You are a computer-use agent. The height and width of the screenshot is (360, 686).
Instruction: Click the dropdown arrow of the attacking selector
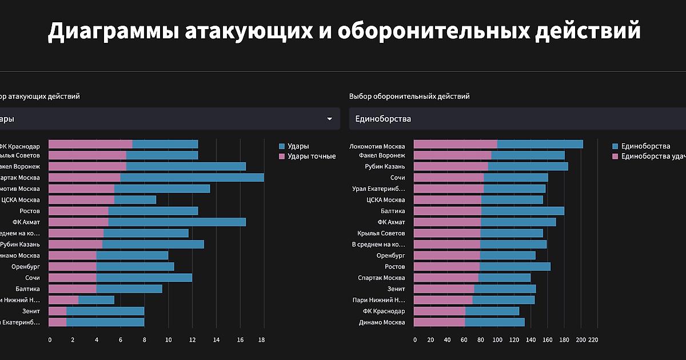(x=329, y=119)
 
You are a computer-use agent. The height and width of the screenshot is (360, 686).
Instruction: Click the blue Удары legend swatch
(x=282, y=146)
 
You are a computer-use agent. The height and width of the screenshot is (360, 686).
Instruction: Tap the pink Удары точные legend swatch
(x=282, y=156)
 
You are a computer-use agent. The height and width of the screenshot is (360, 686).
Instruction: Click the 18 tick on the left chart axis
(x=262, y=340)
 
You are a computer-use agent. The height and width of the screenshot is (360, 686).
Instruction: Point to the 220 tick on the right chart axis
(x=592, y=340)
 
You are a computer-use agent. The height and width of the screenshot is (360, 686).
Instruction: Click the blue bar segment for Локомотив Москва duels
(x=540, y=145)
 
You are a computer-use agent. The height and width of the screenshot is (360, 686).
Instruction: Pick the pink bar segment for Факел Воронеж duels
(x=452, y=155)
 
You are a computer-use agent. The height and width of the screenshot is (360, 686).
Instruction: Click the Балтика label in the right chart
(x=393, y=211)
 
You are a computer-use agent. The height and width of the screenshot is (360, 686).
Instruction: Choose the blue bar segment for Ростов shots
(x=153, y=211)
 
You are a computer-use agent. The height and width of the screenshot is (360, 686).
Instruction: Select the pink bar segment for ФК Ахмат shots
(x=78, y=222)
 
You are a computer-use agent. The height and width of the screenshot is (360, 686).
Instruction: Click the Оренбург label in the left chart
(x=26, y=266)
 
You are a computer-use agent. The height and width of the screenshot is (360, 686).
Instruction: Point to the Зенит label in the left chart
(x=31, y=311)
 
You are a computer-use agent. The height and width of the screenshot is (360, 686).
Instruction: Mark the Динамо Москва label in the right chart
(x=382, y=322)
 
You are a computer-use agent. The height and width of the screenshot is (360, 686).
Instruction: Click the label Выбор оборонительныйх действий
(x=409, y=97)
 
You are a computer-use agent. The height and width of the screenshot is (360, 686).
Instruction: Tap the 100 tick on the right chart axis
(x=497, y=340)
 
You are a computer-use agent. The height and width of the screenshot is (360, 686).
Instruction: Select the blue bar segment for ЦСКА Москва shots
(x=135, y=200)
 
